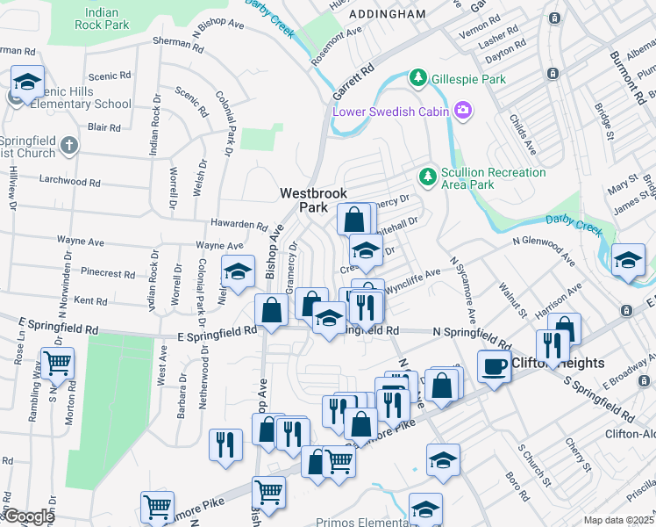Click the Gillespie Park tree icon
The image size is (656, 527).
point(419,79)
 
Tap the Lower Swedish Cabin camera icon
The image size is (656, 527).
point(462,111)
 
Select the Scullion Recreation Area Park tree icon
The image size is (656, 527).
point(428,177)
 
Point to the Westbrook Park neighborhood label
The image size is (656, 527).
point(313,200)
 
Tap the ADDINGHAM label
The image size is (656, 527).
point(387,14)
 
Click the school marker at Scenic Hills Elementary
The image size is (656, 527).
point(27,83)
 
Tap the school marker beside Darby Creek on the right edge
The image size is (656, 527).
point(628,260)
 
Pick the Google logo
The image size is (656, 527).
point(28,516)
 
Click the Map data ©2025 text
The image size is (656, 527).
point(618,520)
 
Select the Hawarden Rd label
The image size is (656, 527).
point(237,225)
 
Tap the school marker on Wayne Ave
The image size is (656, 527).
point(236,271)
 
